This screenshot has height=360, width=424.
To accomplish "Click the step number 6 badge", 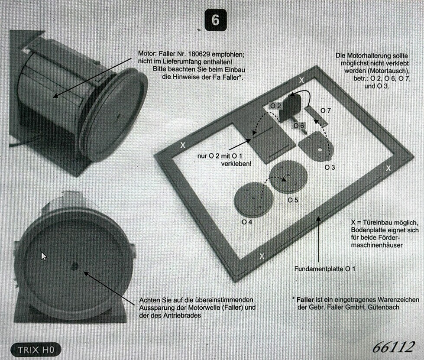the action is coord(215,20).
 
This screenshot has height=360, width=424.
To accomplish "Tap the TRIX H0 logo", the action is coord(36,350).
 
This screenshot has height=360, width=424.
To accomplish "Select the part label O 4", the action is coord(247,222).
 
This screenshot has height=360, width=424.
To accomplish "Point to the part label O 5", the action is coord(293,200).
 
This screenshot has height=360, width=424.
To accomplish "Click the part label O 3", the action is coord(330,167).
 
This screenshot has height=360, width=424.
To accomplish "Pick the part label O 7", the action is coord(326,110).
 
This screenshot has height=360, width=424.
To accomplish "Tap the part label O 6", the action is coord(299,126).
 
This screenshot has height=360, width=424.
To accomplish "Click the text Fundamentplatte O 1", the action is coord(325,269).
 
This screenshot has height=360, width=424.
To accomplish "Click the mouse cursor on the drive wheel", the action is coord(44,256).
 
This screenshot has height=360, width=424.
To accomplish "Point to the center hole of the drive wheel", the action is coord(74,267).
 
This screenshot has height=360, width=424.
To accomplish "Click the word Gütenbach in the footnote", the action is coord(384,307).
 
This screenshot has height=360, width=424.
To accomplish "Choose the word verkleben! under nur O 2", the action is coord(236,164).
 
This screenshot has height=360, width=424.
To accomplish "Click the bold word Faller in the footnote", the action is coord(305,300).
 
